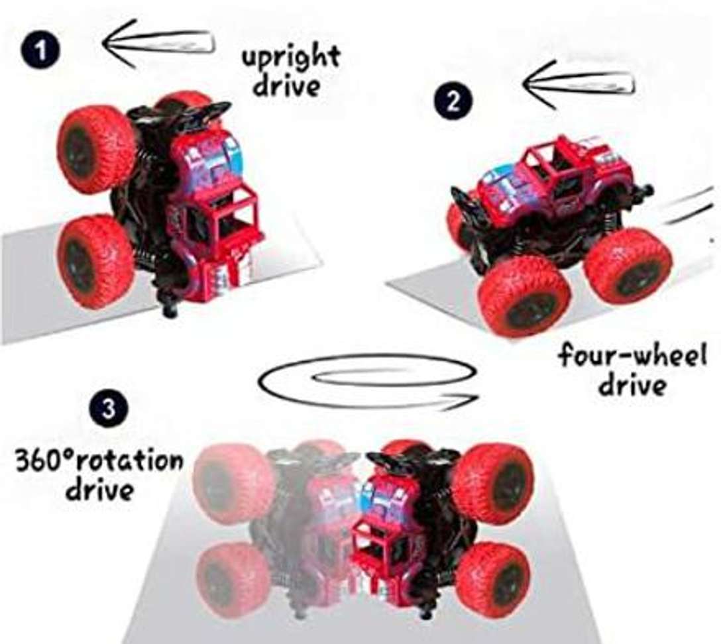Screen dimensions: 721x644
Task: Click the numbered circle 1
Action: [41, 50]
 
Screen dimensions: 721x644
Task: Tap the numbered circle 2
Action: [453, 101]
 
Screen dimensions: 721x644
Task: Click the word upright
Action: [291, 58]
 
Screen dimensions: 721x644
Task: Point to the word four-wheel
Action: [632, 356]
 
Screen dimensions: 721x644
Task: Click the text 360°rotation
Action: [99, 460]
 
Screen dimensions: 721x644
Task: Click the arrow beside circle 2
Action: [579, 85]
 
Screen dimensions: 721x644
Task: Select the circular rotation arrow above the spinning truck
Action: [368, 382]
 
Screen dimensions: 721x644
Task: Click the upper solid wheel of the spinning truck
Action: [493, 483]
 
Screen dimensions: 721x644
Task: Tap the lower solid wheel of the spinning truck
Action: [494, 580]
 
